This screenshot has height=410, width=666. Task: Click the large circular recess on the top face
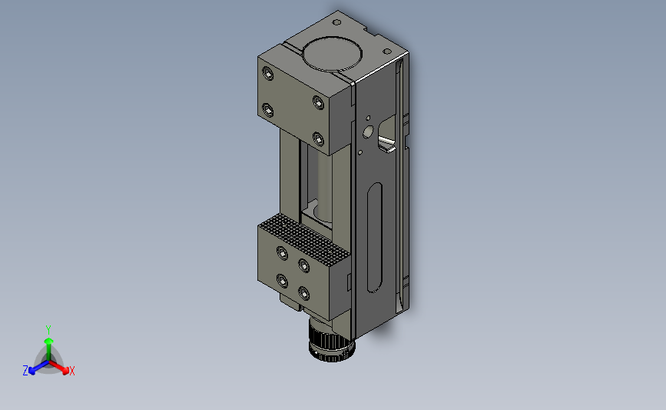click(x=332, y=54)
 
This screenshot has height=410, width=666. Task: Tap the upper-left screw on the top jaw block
click(x=267, y=74)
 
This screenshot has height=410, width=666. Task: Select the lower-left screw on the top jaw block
click(x=267, y=110)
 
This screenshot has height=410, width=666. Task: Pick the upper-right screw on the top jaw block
click(x=318, y=102)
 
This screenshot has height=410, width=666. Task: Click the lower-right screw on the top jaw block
click(x=318, y=138)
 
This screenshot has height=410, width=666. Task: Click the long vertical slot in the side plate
click(x=374, y=238)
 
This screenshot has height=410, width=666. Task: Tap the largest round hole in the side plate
click(x=368, y=132)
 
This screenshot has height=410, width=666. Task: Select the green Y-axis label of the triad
click(x=48, y=330)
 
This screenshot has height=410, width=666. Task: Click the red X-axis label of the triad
click(x=71, y=371)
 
